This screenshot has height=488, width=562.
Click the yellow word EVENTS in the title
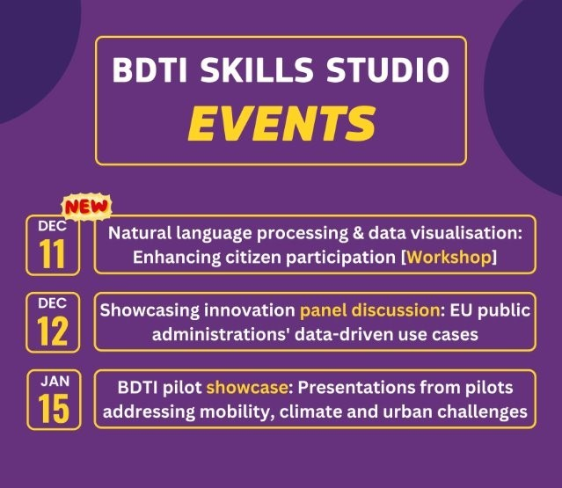point(281,123)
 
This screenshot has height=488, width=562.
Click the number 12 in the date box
point(52,330)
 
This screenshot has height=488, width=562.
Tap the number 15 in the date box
point(52,407)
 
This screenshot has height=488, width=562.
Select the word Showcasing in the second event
point(144,311)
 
